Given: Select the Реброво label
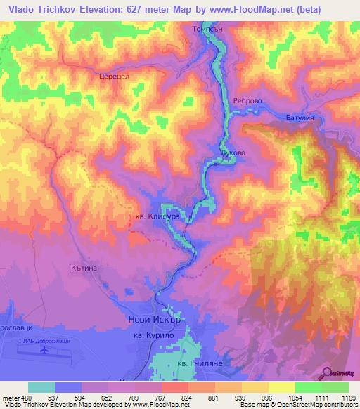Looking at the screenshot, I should pos(247,101).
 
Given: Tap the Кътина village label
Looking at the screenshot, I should pos(82,268).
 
